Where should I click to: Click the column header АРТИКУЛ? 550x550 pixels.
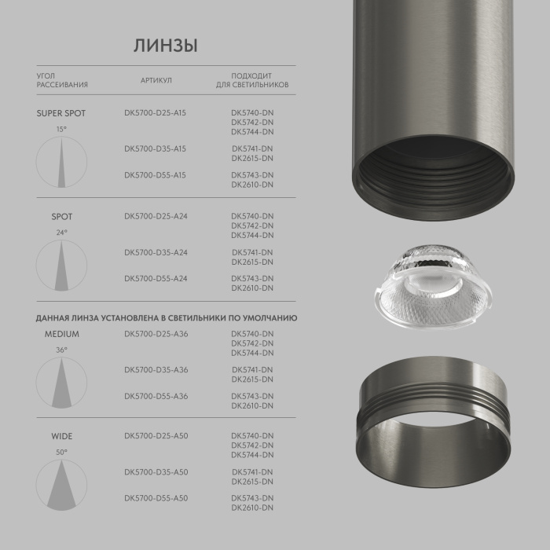(x=156, y=80)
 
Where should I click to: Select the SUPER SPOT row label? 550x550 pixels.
(x=61, y=113)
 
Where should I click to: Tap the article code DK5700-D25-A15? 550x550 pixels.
(x=156, y=113)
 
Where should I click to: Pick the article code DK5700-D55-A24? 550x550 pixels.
(x=156, y=279)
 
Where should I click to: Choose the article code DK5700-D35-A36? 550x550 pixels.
(x=156, y=370)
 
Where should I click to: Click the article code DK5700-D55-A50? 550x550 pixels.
(x=156, y=498)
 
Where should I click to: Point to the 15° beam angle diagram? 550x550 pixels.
(x=61, y=161)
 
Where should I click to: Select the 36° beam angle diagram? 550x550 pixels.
(x=61, y=382)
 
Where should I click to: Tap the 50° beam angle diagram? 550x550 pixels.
(x=61, y=484)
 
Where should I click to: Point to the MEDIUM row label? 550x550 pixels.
(x=62, y=334)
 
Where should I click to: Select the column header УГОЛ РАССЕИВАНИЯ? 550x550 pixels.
(x=62, y=80)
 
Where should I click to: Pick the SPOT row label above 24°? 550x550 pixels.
(x=62, y=216)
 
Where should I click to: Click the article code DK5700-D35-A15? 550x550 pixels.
(x=156, y=148)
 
